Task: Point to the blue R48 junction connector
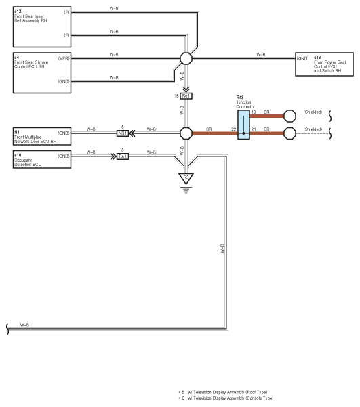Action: (243, 125)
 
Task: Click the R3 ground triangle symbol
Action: (186, 179)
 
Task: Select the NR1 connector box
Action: (123, 133)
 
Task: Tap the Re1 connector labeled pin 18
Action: (186, 96)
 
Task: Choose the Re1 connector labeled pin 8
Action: (123, 156)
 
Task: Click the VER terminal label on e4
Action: (64, 58)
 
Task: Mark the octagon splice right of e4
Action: (186, 58)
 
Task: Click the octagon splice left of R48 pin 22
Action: (186, 133)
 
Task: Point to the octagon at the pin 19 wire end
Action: (289, 116)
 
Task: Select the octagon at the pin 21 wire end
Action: (289, 133)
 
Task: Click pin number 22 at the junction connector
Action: (234, 129)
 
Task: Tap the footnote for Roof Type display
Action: (223, 392)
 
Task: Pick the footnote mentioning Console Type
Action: (226, 398)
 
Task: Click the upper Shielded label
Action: (313, 112)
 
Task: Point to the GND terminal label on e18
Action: (302, 58)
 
